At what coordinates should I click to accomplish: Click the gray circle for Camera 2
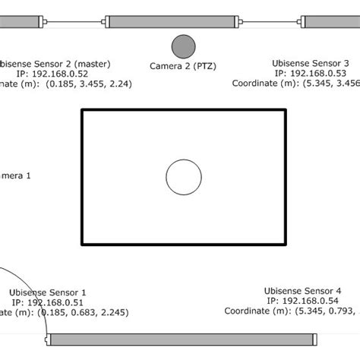coord(183,46)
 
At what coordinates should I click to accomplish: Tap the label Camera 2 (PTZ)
coord(183,67)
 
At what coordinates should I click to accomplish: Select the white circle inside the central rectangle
coord(184,178)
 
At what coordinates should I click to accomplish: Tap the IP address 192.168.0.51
coord(48,302)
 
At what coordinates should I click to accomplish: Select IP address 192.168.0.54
coord(303,301)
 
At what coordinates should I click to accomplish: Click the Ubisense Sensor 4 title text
coord(303,290)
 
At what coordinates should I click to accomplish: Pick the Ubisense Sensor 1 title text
coord(48,292)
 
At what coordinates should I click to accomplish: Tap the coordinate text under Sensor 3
coord(296,84)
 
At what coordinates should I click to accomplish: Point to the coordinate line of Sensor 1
coord(65,312)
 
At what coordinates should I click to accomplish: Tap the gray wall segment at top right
coord(331,21)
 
